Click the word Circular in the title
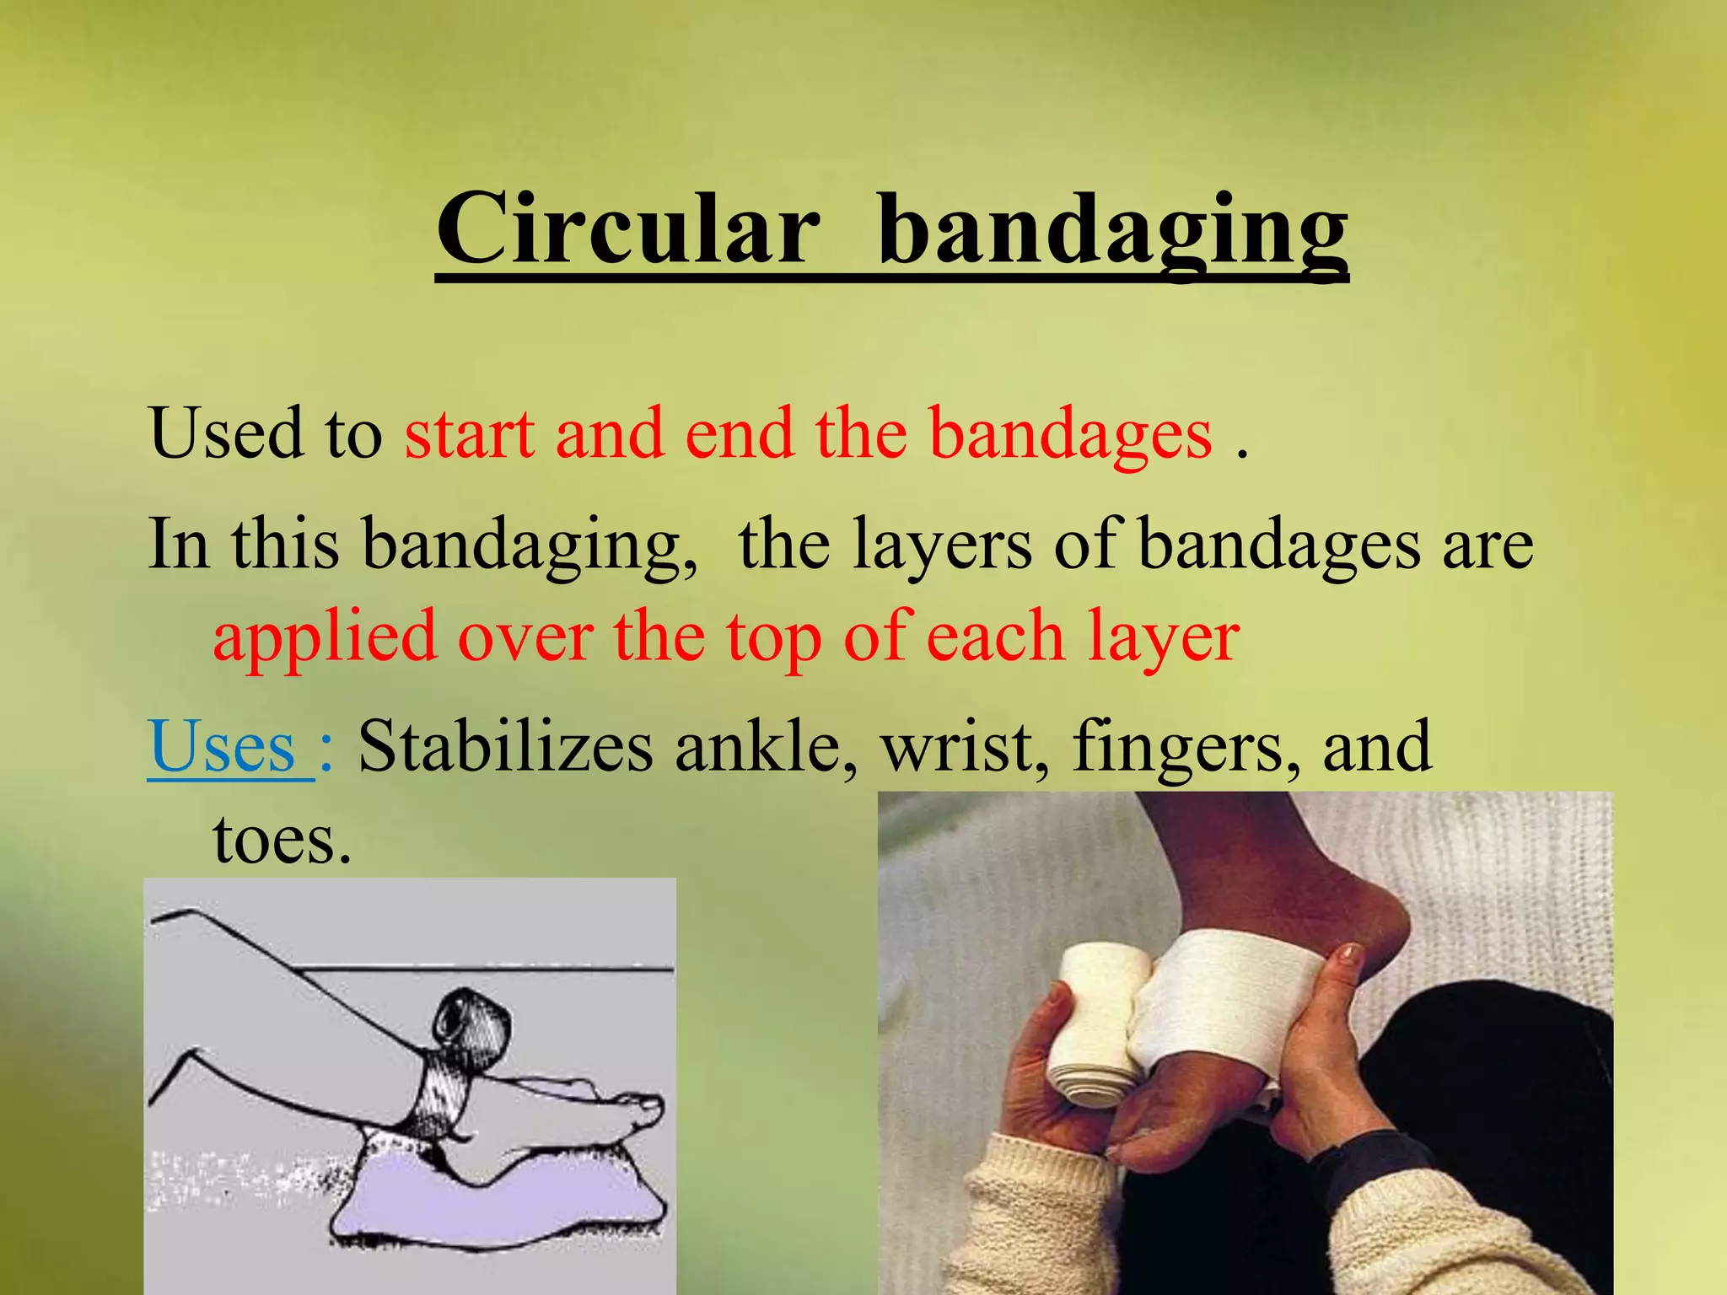pyautogui.click(x=628, y=229)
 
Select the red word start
pyautogui.click(x=470, y=433)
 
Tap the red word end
pyautogui.click(x=740, y=433)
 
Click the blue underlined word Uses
pyautogui.click(x=223, y=747)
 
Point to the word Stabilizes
pyautogui.click(x=505, y=747)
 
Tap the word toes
pyautogui.click(x=281, y=841)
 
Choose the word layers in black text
pyautogui.click(x=941, y=546)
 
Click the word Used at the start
pyautogui.click(x=226, y=433)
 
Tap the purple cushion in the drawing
pyautogui.click(x=498, y=1197)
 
